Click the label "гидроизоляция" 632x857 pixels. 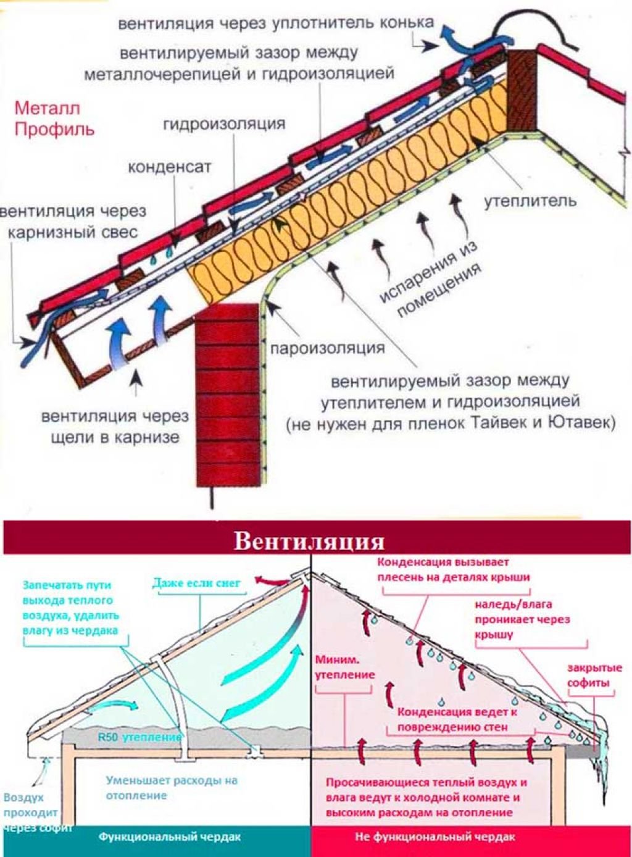point(224,124)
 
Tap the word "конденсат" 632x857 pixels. point(170,167)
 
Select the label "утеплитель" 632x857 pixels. point(530,201)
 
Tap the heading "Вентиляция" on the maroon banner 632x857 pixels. point(309,541)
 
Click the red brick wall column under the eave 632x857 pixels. point(227,395)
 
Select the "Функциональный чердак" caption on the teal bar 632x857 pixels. point(170,837)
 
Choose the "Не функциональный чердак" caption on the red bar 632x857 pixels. point(436,837)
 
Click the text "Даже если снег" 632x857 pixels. point(196,582)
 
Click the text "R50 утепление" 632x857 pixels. point(139,737)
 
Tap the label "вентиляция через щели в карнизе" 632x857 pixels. point(115,427)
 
